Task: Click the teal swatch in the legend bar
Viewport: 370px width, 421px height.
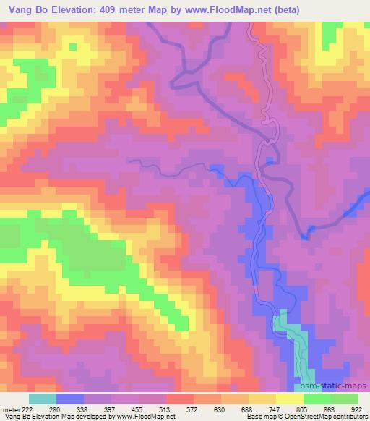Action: click(x=42, y=399)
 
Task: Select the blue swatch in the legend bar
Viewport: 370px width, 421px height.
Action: click(x=70, y=399)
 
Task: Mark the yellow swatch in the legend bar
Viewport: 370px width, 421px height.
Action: click(x=289, y=399)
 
